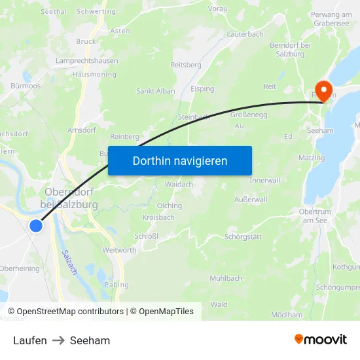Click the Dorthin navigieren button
[180, 160]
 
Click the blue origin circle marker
[36, 226]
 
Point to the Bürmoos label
[26, 86]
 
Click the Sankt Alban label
[155, 91]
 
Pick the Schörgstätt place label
[243, 236]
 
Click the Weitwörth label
[119, 250]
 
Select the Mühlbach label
[226, 278]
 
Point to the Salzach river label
[68, 262]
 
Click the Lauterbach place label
[245, 33]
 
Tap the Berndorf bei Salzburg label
[312, 48]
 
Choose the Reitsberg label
[185, 65]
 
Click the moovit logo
[321, 340]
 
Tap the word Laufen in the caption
[29, 340]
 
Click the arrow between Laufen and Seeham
[58, 340]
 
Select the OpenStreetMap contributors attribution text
[70, 312]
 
